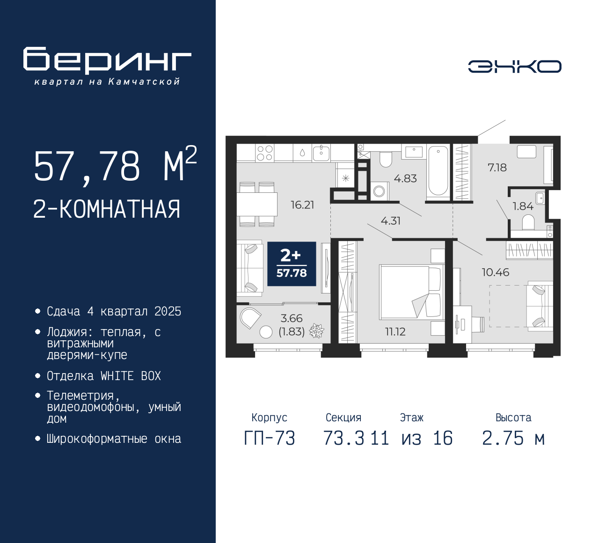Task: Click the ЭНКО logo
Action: click(x=514, y=66)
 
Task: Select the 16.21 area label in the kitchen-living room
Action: click(x=302, y=205)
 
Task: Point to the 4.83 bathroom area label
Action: click(x=405, y=178)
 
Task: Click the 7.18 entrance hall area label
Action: click(x=497, y=168)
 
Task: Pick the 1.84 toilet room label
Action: click(x=523, y=206)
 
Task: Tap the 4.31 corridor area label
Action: click(x=391, y=221)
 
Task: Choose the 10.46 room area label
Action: click(x=496, y=272)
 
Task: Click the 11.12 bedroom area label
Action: click(x=395, y=331)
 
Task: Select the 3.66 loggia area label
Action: click(x=292, y=318)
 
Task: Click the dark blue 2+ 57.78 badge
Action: click(x=292, y=264)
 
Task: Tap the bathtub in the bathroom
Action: click(x=438, y=173)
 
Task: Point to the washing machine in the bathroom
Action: click(x=380, y=191)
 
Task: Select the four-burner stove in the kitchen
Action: click(x=264, y=153)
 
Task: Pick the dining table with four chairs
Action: click(x=257, y=204)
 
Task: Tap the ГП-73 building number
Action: click(x=270, y=438)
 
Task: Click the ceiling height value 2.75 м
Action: click(x=513, y=438)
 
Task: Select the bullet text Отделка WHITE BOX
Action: click(x=103, y=376)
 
